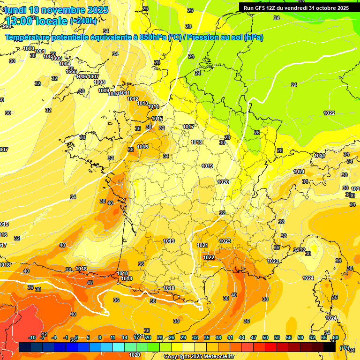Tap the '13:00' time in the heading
[20, 21]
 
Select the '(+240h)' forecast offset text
[83, 21]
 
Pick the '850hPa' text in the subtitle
[152, 37]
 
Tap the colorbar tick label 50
[265, 337]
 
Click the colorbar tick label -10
[32, 337]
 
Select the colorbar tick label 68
[336, 337]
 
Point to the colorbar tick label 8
[100, 337]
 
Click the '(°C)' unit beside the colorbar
[345, 348]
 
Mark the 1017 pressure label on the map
[188, 127]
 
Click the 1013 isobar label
[142, 104]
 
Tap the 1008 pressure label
[99, 82]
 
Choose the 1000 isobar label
[28, 48]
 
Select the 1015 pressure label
[157, 119]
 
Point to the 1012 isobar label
[133, 99]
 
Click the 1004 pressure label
[65, 64]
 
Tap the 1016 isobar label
[142, 147]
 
